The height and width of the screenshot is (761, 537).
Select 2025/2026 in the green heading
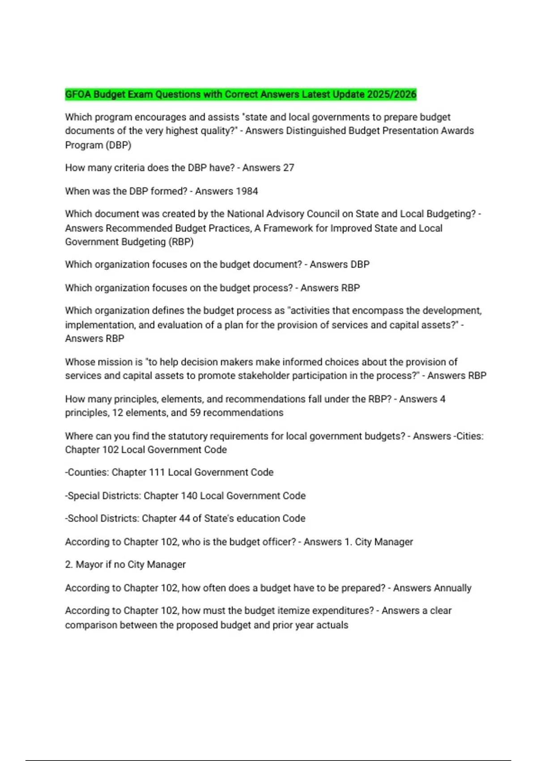(392, 94)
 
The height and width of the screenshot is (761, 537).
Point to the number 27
(289, 168)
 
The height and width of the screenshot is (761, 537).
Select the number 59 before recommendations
(195, 413)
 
